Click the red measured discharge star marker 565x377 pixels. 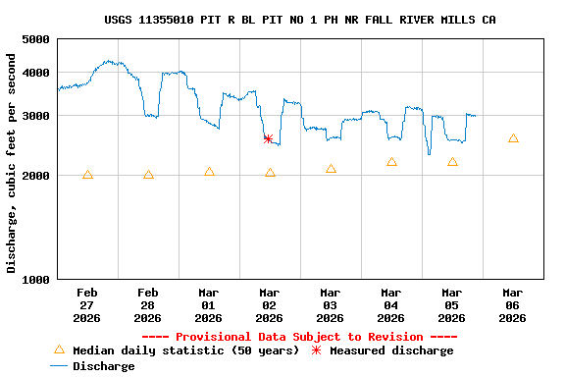click(268, 138)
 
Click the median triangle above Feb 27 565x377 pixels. click(87, 175)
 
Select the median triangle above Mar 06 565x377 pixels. click(513, 138)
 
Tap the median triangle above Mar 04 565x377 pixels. click(391, 162)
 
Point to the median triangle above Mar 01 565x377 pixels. click(209, 172)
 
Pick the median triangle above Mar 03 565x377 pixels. click(331, 169)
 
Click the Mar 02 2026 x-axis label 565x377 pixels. click(269, 304)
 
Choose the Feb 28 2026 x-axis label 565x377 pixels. click(147, 304)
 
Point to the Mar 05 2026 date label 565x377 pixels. click(451, 304)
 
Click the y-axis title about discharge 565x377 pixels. click(12, 163)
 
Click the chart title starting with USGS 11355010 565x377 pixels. click(299, 20)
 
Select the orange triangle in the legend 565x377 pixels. click(59, 350)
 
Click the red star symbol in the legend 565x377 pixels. click(316, 350)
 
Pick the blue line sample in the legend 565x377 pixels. click(59, 366)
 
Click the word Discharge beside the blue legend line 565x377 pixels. click(104, 366)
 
